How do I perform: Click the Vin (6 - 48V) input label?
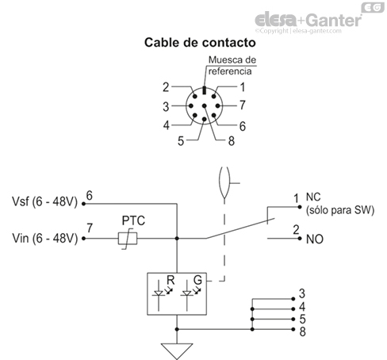coord(44,237)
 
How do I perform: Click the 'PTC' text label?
coord(132,220)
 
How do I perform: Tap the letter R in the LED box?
coord(170,281)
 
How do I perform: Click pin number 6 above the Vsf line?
coord(89,193)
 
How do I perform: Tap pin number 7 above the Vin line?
coord(89,228)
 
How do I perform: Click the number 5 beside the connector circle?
coord(181,141)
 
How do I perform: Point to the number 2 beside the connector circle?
coord(166,87)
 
